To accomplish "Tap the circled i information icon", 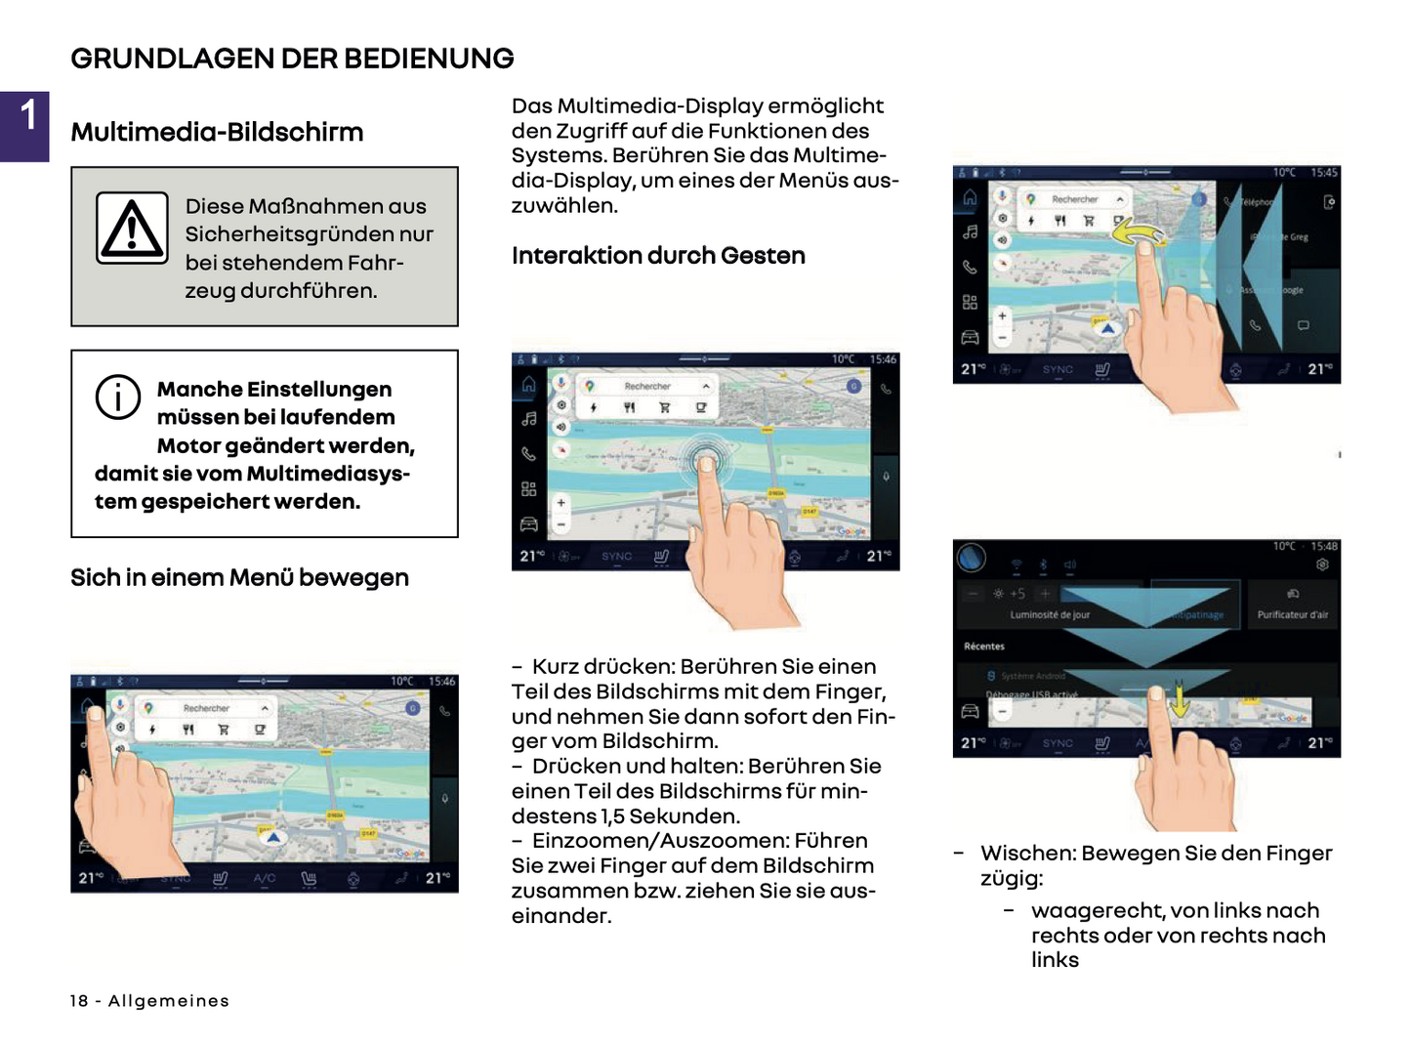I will [118, 397].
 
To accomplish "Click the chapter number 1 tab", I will [25, 126].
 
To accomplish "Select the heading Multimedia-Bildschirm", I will [217, 132].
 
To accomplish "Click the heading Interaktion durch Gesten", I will [658, 256].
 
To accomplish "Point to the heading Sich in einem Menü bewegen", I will [239, 578].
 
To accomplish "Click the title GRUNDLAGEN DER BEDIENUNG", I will [292, 59].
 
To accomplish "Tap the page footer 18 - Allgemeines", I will [149, 1001].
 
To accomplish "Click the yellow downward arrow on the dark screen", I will [1180, 700].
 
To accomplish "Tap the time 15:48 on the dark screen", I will [1324, 546].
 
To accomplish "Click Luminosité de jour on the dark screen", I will [1050, 615].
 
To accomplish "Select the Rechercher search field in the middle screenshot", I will [647, 387].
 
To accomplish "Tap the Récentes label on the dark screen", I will [983, 647].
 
